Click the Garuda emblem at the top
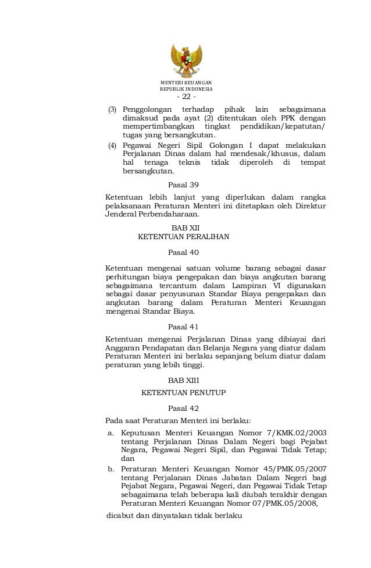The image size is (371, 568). [186, 61]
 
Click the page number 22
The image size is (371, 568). [186, 97]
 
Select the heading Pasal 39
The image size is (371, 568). [183, 185]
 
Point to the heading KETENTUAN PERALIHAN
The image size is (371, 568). [183, 237]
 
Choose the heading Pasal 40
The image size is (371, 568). [183, 253]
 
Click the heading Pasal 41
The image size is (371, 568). [183, 326]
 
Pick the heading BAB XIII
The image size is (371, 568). [183, 380]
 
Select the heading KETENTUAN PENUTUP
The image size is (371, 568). [183, 393]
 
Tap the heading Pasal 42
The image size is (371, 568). [183, 409]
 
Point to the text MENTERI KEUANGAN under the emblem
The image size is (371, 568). [186, 83]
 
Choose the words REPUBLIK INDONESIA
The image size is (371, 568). [186, 90]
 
